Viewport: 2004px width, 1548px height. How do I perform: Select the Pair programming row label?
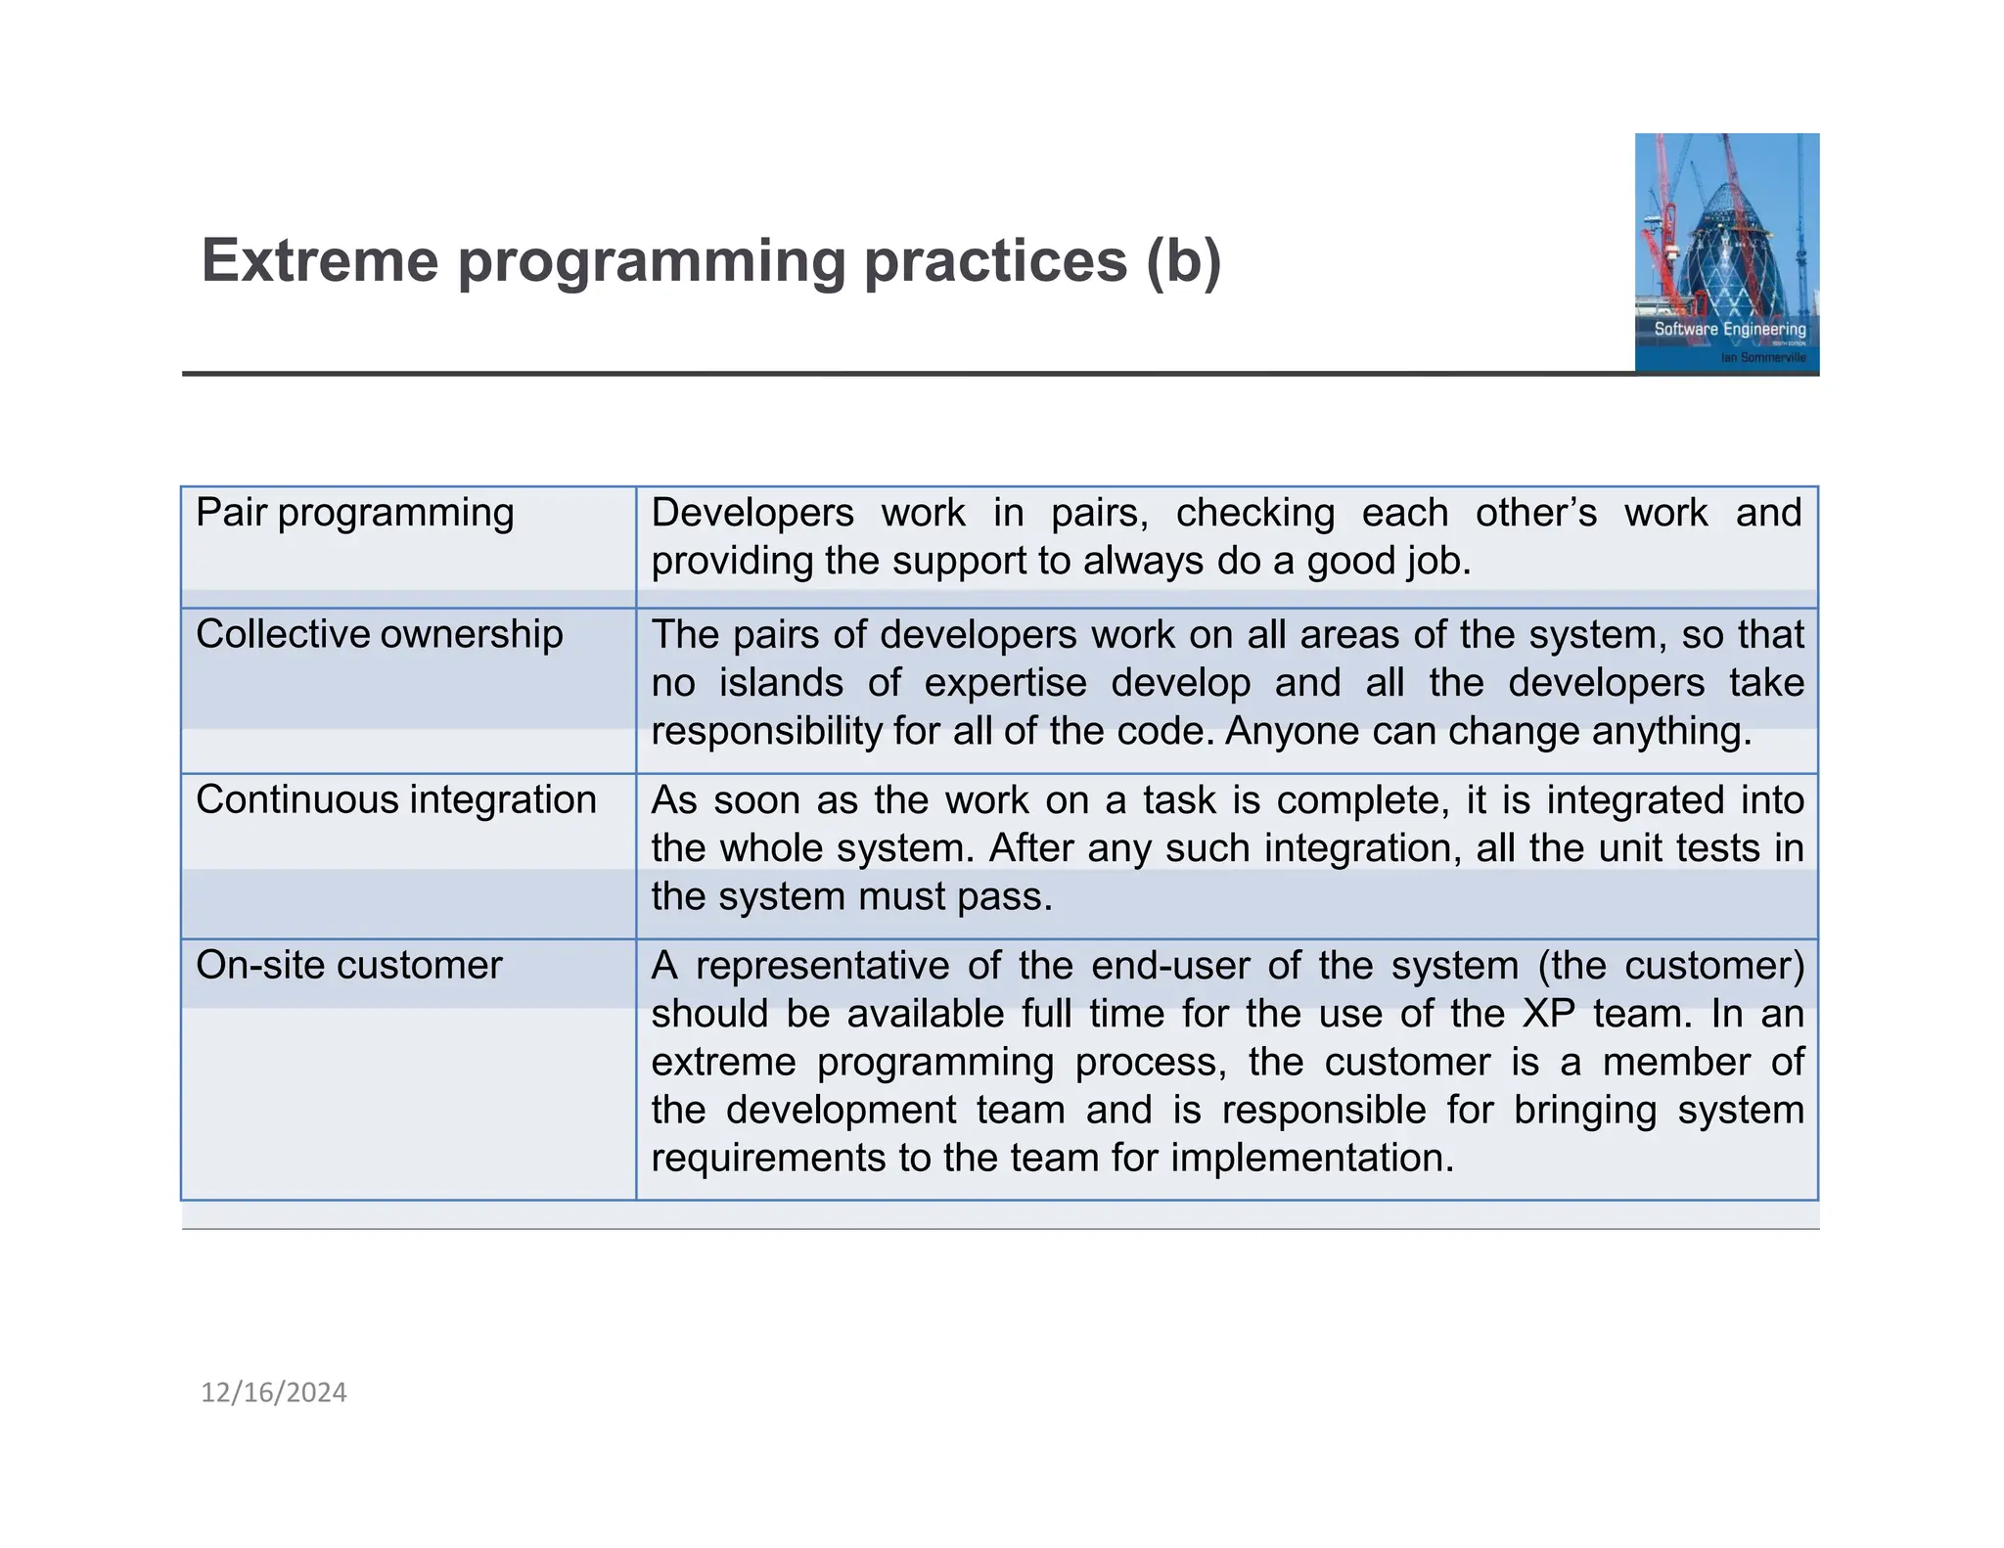[x=354, y=513]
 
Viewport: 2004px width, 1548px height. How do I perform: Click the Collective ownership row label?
[x=379, y=634]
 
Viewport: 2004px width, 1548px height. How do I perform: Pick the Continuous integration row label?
[x=395, y=799]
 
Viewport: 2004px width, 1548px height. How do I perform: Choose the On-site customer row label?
[x=348, y=965]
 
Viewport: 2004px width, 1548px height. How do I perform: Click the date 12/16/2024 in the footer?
[x=273, y=1392]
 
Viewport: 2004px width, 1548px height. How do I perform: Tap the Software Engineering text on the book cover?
[x=1729, y=329]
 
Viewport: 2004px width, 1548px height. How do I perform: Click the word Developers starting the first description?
[x=751, y=513]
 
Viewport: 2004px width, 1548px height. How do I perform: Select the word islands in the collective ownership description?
[x=781, y=682]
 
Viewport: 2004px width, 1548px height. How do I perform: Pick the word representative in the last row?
[x=822, y=965]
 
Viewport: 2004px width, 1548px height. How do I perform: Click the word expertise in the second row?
[x=1005, y=682]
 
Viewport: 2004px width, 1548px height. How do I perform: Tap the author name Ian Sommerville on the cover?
[x=1763, y=358]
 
